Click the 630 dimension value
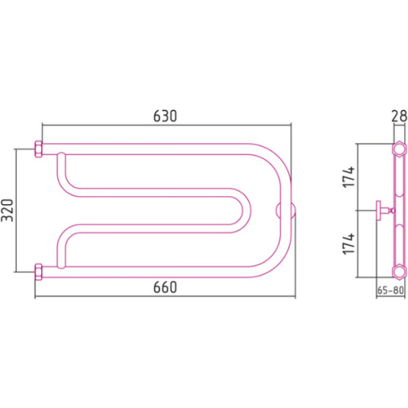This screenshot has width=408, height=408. (165, 116)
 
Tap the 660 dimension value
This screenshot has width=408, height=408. (165, 287)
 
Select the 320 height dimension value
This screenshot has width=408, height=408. (7, 211)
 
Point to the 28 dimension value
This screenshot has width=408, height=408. (399, 116)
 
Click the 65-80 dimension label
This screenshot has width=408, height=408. (390, 290)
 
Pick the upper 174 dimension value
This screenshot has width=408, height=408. (348, 177)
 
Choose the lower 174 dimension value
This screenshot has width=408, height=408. (348, 244)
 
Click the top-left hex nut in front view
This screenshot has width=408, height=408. (38, 149)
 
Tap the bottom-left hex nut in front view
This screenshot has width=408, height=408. (38, 272)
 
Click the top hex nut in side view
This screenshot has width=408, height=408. (399, 149)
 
